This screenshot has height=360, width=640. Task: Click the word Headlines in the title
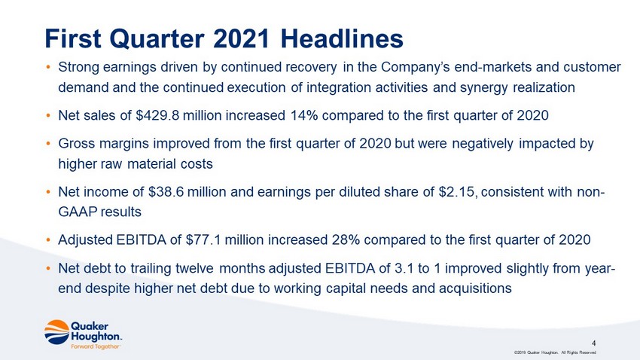[342, 38]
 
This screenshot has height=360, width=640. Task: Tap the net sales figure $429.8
[157, 115]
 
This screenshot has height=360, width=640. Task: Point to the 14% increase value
[303, 115]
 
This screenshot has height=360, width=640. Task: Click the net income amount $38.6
[166, 191]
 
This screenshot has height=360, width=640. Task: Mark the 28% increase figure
[346, 239]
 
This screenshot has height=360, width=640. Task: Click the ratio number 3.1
[404, 268]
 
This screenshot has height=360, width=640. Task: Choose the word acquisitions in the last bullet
[475, 288]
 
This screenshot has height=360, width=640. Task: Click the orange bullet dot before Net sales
[47, 116]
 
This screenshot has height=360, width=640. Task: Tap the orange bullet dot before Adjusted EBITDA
[47, 240]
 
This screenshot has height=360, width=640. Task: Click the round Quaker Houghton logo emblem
[56, 332]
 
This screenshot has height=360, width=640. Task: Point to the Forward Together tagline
[96, 346]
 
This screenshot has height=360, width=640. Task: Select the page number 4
[594, 343]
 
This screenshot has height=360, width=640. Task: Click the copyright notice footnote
[556, 352]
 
